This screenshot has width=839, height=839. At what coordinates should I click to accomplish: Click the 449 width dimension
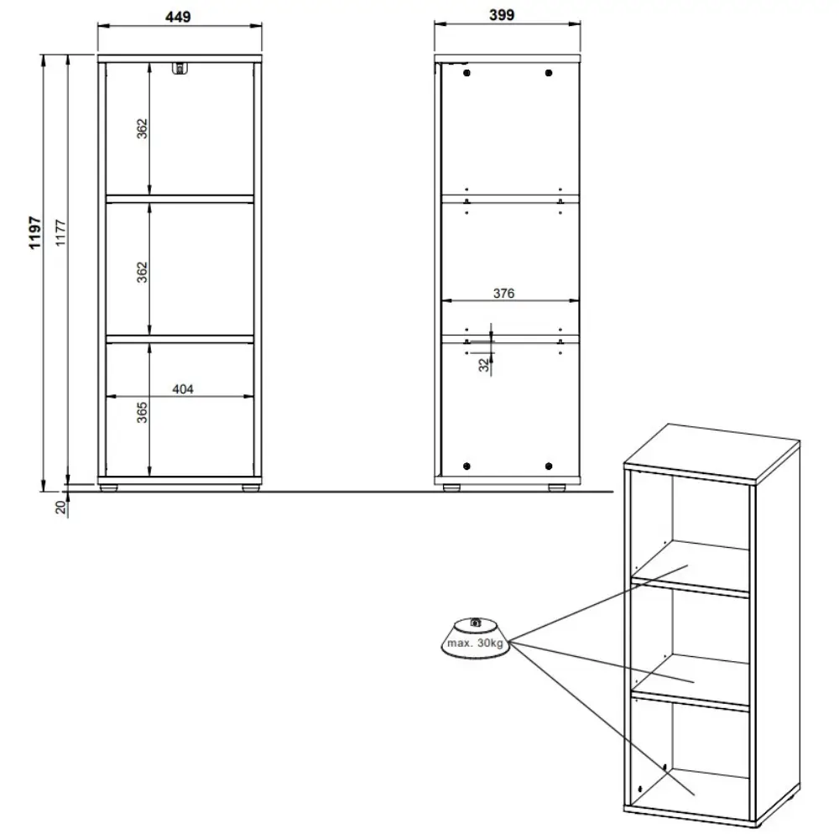point(178,17)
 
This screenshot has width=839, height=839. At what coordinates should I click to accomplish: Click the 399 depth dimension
point(502,15)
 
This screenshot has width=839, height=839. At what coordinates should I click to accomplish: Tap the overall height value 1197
point(34,232)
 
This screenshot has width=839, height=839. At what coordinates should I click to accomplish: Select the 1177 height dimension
point(60,232)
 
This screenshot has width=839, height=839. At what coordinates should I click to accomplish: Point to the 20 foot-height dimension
point(60,507)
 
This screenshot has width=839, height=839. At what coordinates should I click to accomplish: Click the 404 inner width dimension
point(183,389)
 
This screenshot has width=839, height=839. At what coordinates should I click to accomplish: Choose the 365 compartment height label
point(142,413)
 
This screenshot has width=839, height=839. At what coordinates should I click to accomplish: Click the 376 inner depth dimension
point(503,293)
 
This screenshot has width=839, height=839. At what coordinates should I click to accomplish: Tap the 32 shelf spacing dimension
point(484,365)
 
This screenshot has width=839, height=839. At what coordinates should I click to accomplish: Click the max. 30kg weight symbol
point(475,638)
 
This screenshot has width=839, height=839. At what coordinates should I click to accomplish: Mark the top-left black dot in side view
point(466,73)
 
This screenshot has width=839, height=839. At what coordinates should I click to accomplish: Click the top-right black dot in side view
point(549,73)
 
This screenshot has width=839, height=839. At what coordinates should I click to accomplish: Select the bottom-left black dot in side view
point(466,466)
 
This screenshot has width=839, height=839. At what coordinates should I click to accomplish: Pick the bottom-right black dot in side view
point(549,466)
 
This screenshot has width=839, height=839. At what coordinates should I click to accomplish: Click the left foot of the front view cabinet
point(109,488)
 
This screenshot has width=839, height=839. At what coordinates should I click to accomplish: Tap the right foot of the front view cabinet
point(250,488)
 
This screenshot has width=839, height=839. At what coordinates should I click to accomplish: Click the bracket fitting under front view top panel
point(180,69)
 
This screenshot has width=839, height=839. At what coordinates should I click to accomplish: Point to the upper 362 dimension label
point(142,129)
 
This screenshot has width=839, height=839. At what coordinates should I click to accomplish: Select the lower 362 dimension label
point(142,273)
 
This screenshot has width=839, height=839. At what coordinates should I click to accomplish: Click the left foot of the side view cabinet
point(451,488)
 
